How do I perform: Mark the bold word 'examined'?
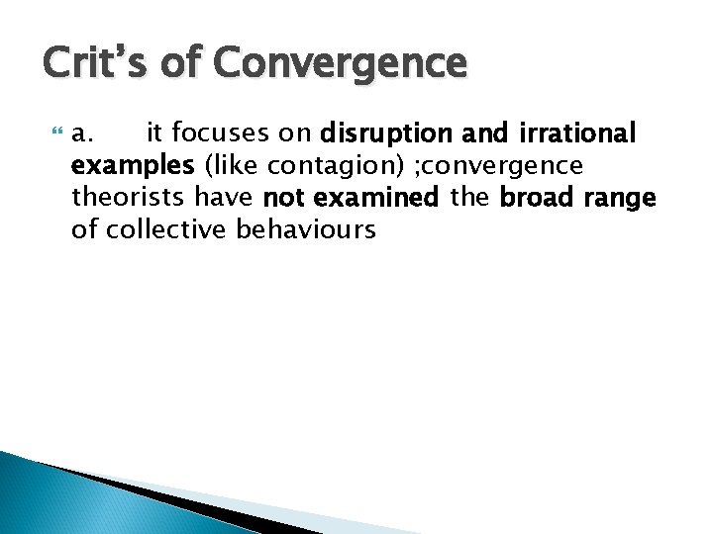click(375, 198)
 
